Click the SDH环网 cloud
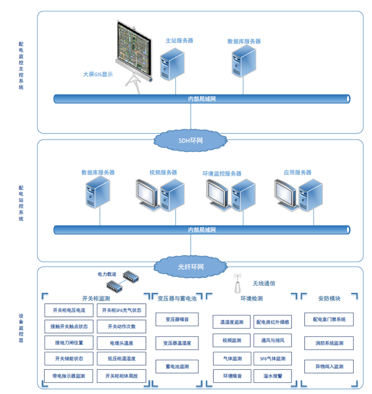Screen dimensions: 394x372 click(x=190, y=140)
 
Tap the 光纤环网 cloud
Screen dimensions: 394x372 click(x=190, y=267)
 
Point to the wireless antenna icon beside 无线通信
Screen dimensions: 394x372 click(x=238, y=282)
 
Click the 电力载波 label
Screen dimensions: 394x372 click(x=107, y=274)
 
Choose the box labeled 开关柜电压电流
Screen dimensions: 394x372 click(x=69, y=310)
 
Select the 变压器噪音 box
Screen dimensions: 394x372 click(x=177, y=319)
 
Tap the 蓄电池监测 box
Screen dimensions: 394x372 click(x=177, y=366)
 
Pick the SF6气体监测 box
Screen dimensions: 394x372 click(x=273, y=359)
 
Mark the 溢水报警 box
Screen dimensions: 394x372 click(x=273, y=376)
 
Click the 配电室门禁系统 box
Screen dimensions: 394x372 click(x=329, y=320)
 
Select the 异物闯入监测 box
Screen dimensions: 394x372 click(x=329, y=366)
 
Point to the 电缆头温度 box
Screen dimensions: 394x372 click(x=122, y=343)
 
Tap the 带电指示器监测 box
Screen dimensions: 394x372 click(x=69, y=376)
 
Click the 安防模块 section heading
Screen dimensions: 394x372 click(x=329, y=298)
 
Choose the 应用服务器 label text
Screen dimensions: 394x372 click(x=298, y=172)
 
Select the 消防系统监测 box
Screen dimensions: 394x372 click(x=329, y=343)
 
